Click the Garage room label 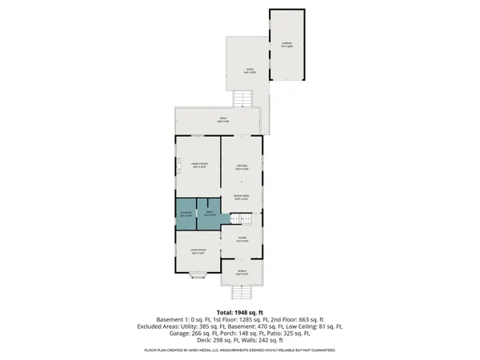tap(286, 45)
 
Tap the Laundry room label tap(185, 214)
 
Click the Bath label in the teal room tap(209, 214)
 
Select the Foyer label tap(242, 238)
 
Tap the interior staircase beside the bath tap(242, 218)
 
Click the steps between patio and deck tap(243, 99)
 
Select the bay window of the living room tap(195, 277)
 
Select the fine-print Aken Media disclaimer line tap(240, 351)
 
